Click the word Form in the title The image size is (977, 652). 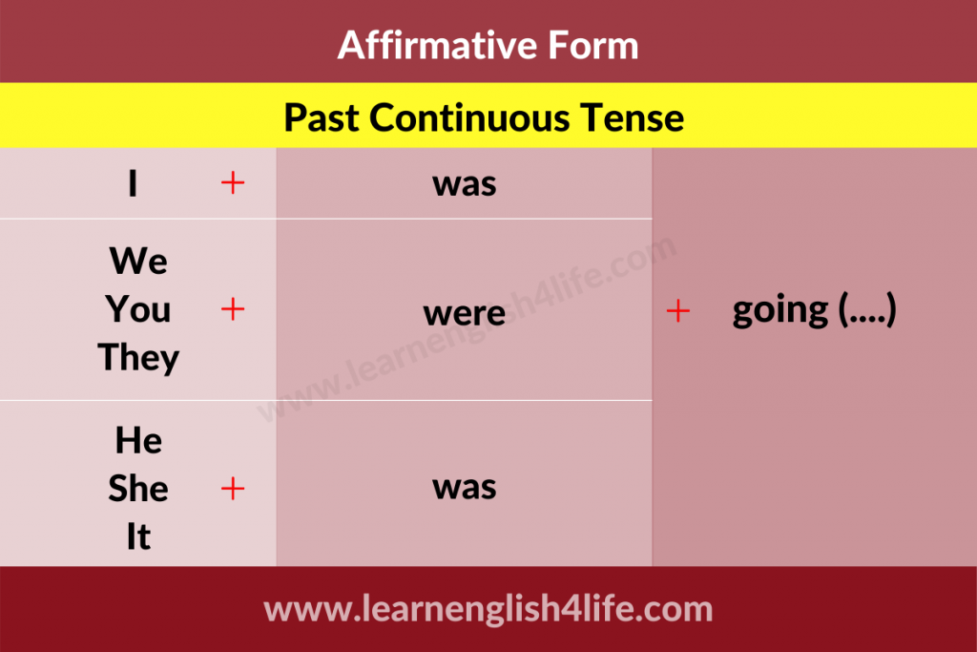(593, 45)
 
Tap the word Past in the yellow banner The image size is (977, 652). (321, 117)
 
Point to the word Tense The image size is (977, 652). (632, 117)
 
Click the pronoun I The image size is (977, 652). (133, 183)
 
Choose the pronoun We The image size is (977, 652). (138, 261)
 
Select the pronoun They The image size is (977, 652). (138, 358)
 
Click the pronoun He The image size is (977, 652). (138, 440)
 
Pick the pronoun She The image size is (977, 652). (138, 488)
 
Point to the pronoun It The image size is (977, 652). (138, 536)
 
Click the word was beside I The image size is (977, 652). (465, 185)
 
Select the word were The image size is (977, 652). (465, 313)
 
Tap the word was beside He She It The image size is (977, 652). (465, 488)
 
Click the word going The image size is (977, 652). (780, 310)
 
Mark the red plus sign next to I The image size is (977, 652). (233, 183)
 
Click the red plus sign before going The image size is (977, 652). (678, 310)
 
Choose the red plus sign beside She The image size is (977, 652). (233, 488)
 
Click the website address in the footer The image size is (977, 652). (488, 609)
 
